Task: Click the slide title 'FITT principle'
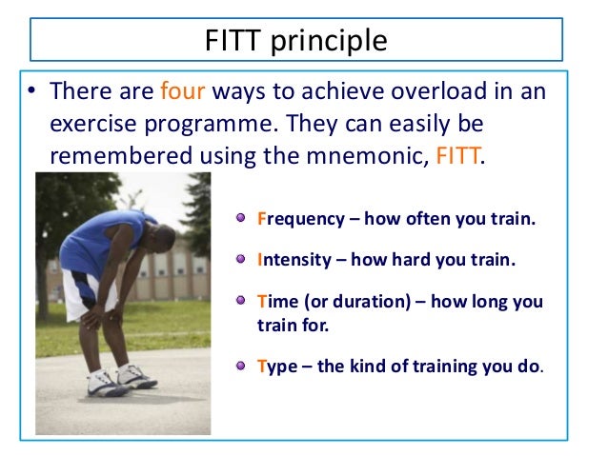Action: [x=296, y=42]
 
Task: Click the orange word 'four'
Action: [x=182, y=92]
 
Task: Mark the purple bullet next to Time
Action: [x=242, y=301]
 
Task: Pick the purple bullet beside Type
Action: [x=242, y=365]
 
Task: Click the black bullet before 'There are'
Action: [x=30, y=93]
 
